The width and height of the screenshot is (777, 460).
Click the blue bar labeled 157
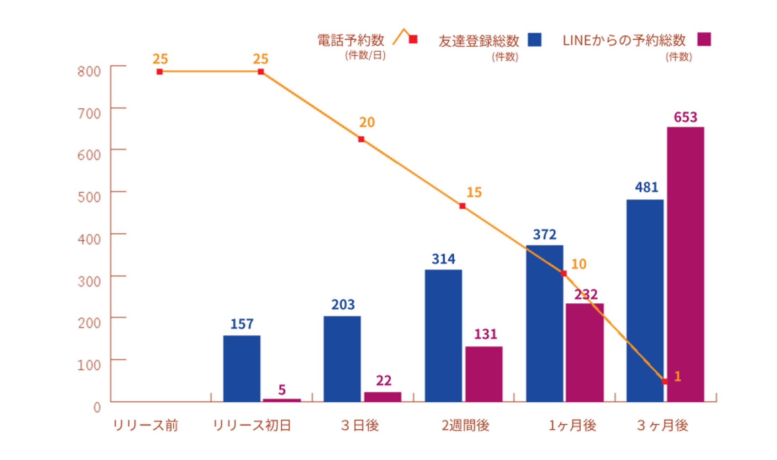(242, 368)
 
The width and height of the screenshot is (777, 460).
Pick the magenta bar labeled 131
(484, 374)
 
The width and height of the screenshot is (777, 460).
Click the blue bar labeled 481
(645, 300)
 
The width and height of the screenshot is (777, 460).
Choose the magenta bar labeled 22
(382, 397)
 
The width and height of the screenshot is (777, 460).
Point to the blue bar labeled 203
(342, 359)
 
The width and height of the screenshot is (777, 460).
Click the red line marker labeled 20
(361, 139)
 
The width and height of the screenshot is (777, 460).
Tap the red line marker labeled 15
(462, 206)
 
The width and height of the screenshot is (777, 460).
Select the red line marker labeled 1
(665, 381)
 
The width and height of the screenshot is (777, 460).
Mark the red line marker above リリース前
(160, 72)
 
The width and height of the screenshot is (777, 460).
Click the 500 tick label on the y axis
(89, 197)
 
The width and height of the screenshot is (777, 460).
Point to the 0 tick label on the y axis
(97, 407)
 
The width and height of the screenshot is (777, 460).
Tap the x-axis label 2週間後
(465, 425)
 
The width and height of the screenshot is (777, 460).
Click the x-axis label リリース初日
(252, 425)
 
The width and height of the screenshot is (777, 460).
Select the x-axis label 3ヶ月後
(662, 425)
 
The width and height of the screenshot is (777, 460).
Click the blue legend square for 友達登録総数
(534, 40)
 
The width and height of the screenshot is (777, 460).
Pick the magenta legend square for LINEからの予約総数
(704, 39)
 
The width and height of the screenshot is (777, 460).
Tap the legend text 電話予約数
(350, 40)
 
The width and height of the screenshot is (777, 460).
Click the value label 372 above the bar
(544, 235)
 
